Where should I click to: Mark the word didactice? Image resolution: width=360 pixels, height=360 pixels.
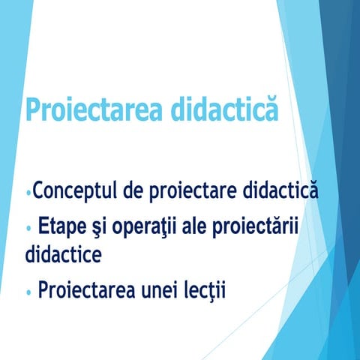click(x=63, y=253)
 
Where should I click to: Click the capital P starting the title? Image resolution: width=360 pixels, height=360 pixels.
click(x=34, y=109)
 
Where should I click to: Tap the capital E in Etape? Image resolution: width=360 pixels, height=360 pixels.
click(x=45, y=226)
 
